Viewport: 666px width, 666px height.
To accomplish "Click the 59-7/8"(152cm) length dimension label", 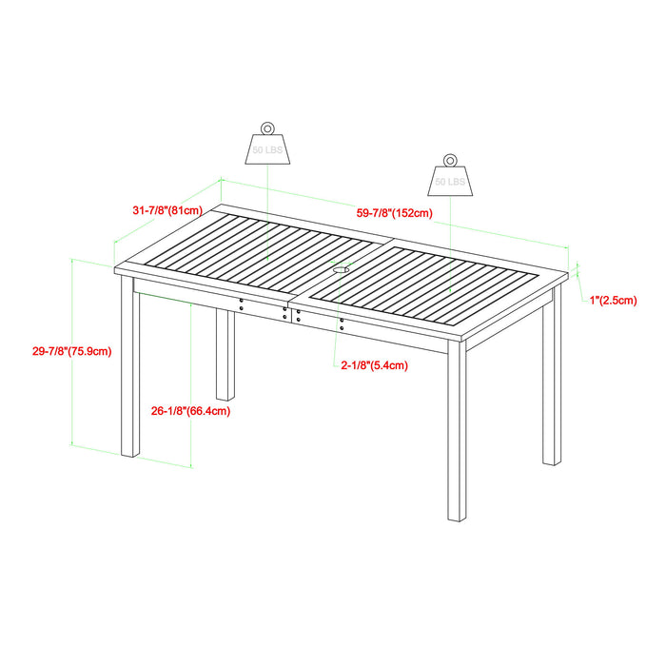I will coord(395,213).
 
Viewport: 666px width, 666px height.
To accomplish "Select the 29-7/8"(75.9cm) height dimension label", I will coord(71,350).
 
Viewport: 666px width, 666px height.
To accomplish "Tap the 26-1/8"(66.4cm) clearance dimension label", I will coord(190,411).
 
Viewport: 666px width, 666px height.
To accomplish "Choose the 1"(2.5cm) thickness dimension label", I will coord(613,301).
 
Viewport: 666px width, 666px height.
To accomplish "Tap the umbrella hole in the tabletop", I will coord(341,270).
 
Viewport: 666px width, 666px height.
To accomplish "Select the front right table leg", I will coord(457,433).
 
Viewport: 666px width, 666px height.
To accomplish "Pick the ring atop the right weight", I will coord(450,158).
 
